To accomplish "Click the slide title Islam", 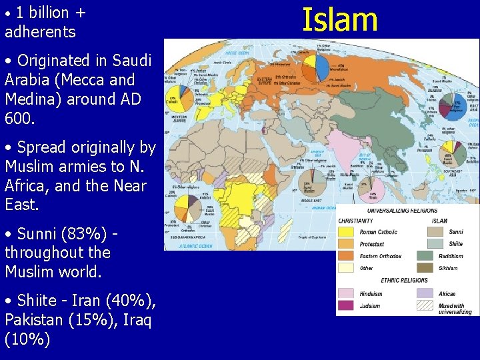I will coord(340,19).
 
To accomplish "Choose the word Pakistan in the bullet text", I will coord(33,321).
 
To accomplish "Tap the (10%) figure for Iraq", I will coord(27,339).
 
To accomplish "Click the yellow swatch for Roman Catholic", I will coord(347,231).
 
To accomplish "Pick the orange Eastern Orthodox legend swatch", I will coord(347,256).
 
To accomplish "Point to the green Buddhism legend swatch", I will coord(426,255).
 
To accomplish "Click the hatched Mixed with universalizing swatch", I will coord(426,307).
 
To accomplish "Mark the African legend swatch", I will coord(426,293).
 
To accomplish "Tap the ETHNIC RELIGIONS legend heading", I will coord(404,280).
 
